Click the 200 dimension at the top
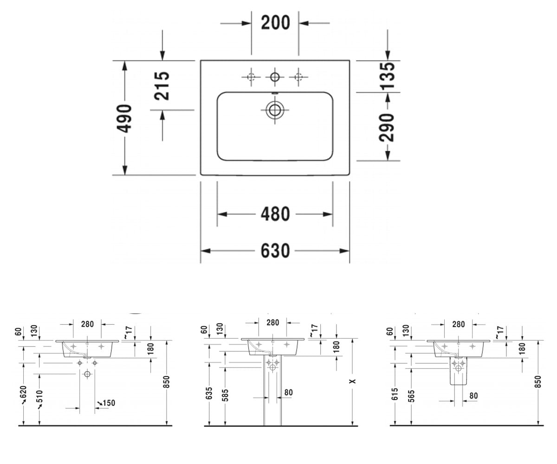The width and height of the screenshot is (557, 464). coord(275,23)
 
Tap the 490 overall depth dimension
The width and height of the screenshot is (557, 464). coord(124,118)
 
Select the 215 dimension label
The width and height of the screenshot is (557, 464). coord(162,86)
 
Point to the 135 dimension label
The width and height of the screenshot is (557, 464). coord(387,76)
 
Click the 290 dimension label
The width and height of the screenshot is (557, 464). coord(387,128)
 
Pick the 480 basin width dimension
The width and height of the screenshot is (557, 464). coord(275,214)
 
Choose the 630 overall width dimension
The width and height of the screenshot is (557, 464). coord(275,251)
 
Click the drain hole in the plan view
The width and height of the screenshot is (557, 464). coord(274,110)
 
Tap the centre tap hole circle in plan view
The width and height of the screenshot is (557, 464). coord(274,77)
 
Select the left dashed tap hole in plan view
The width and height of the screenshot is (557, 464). coord(251,77)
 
